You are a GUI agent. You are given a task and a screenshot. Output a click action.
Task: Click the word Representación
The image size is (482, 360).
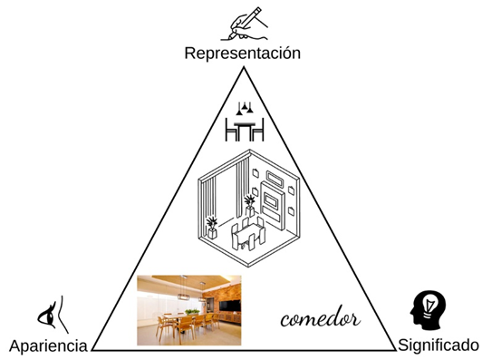(242, 53)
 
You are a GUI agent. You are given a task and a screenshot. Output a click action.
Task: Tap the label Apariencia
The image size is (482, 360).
(48, 345)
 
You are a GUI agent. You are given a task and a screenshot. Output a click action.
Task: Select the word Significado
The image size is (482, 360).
(439, 345)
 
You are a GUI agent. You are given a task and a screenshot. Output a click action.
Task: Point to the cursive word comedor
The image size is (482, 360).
(320, 319)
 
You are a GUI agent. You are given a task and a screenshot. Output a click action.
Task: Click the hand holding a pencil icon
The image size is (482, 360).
(244, 24)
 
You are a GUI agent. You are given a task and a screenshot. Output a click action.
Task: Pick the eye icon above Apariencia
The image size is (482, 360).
(53, 315)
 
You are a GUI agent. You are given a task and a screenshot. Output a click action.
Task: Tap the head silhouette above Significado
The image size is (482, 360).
(428, 310)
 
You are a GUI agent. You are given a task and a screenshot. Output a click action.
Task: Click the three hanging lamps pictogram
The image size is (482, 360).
(245, 108)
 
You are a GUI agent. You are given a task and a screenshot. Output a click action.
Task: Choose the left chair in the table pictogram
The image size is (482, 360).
(230, 130)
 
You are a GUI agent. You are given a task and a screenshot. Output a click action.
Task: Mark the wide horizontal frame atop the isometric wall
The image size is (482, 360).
(275, 179)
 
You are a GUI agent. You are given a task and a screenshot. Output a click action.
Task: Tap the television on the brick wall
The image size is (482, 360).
(230, 306)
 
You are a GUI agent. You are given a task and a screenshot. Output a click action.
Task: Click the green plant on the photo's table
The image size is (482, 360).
(192, 311)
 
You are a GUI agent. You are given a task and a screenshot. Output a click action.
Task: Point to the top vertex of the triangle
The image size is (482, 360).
(244, 67)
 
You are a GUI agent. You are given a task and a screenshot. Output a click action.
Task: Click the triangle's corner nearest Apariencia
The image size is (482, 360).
(92, 350)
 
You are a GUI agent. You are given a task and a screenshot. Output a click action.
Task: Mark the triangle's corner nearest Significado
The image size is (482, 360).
(395, 350)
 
